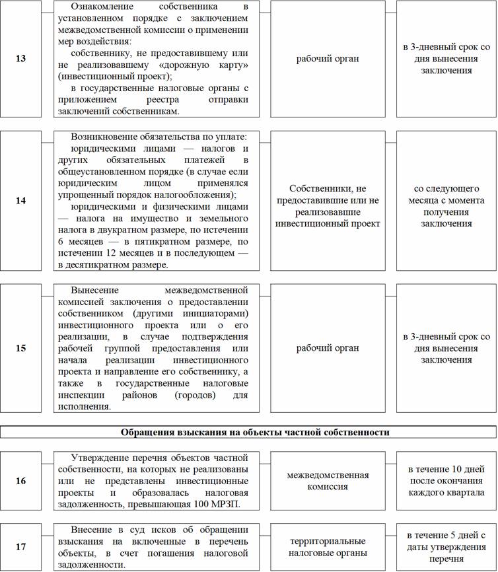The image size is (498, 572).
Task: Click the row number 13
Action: click(x=21, y=59)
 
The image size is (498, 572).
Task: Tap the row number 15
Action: click(x=21, y=347)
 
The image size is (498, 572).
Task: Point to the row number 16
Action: click(x=21, y=481)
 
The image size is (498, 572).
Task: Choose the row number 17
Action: click(x=21, y=547)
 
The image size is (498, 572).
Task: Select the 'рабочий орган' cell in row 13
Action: click(x=328, y=59)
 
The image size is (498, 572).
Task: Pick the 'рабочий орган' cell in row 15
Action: click(x=328, y=347)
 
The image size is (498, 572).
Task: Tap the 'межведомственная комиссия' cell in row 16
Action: click(x=328, y=481)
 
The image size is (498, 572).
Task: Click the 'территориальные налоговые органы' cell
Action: click(x=328, y=547)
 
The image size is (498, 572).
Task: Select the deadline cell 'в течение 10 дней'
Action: click(x=446, y=481)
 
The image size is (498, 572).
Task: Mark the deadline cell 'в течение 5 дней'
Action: click(x=446, y=547)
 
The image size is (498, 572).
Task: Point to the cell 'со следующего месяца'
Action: click(x=446, y=200)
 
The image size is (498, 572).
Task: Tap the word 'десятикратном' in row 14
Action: click(x=98, y=264)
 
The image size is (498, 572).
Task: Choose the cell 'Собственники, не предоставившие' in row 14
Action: click(x=328, y=200)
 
